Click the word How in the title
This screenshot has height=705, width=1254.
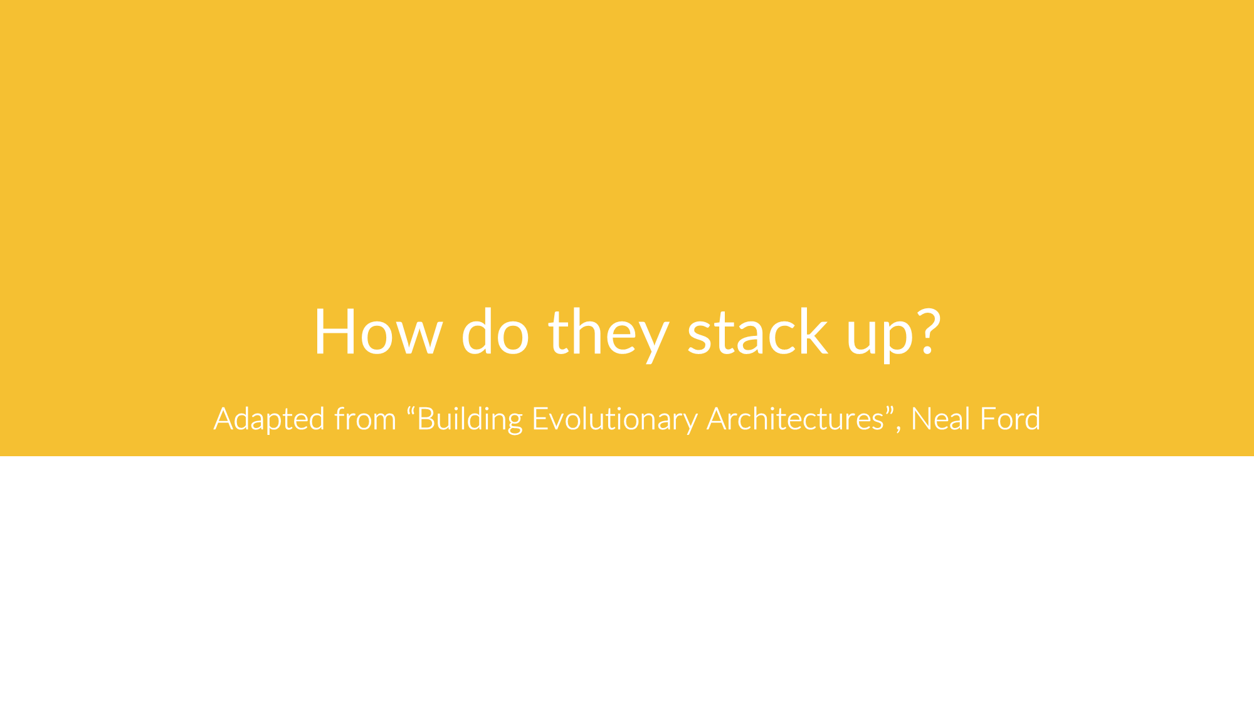pos(378,332)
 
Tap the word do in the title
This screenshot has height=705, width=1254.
pos(495,332)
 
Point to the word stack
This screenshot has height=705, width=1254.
pos(757,332)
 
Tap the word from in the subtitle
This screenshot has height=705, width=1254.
pos(365,419)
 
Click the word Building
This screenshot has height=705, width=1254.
pos(470,419)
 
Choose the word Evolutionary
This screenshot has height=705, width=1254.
pos(614,419)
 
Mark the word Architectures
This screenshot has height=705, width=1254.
pos(795,419)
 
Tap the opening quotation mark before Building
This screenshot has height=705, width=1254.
pos(411,410)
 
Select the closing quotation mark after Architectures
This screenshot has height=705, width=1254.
pos(890,410)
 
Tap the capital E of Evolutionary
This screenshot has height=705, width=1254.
pos(540,419)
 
